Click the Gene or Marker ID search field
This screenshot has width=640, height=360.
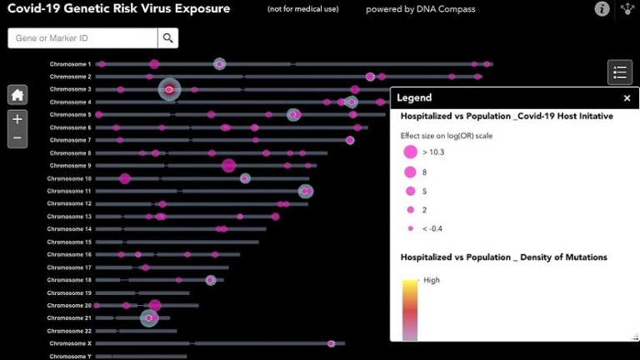[x=82, y=38]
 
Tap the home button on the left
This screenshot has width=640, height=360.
[x=17, y=95]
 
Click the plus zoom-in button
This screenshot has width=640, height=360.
[x=17, y=119]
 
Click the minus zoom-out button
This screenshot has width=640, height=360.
[x=17, y=138]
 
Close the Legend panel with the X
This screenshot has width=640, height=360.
[x=627, y=98]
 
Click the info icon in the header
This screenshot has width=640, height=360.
[x=602, y=9]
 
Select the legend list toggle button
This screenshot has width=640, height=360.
[x=619, y=72]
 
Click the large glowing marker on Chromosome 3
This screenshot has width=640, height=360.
[x=169, y=89]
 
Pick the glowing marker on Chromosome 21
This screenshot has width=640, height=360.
[x=149, y=317]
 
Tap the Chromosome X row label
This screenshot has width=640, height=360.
[x=70, y=343]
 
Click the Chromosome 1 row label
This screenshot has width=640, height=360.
[x=70, y=64]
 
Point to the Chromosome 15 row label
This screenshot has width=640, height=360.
[x=70, y=242]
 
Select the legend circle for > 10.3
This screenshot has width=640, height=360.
[x=410, y=152]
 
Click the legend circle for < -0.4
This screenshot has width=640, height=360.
[x=410, y=228]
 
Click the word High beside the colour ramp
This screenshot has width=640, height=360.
[x=431, y=280]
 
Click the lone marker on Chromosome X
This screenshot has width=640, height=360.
[x=331, y=343]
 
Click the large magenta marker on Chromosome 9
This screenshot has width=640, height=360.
[x=228, y=166]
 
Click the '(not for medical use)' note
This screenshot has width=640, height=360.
[x=297, y=9]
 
